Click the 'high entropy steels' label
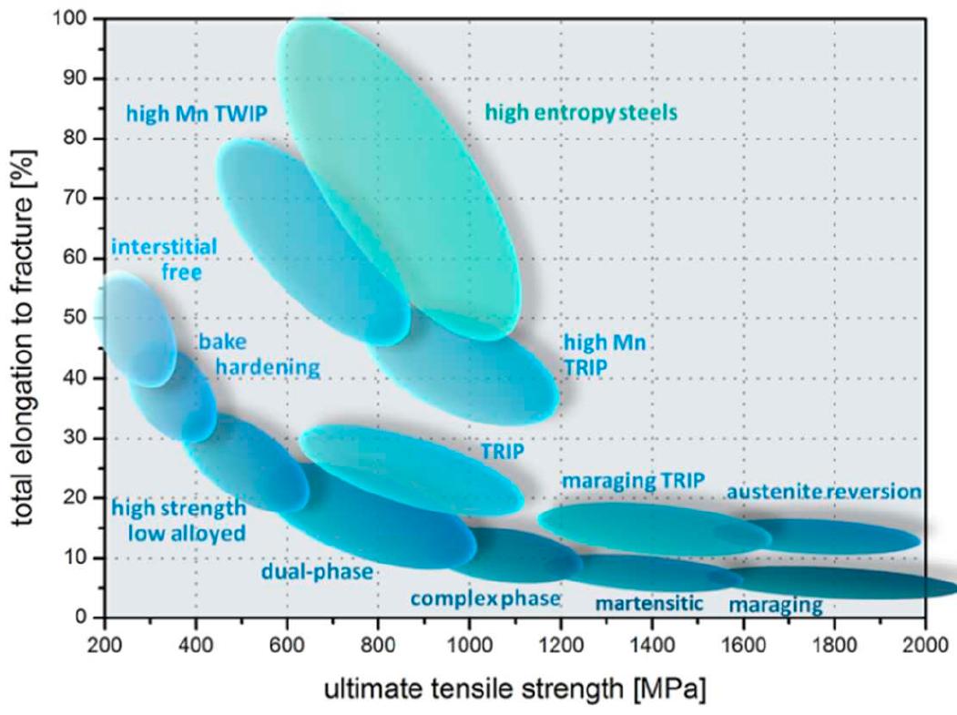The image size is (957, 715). (581, 113)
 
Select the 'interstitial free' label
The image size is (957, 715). (164, 258)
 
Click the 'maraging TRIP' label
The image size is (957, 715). (633, 481)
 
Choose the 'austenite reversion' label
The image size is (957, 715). (823, 492)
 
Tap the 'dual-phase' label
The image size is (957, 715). (317, 572)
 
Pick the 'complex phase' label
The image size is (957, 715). (484, 598)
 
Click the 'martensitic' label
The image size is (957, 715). (649, 602)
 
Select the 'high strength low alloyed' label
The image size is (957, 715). (178, 520)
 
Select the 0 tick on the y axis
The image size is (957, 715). (87, 618)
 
